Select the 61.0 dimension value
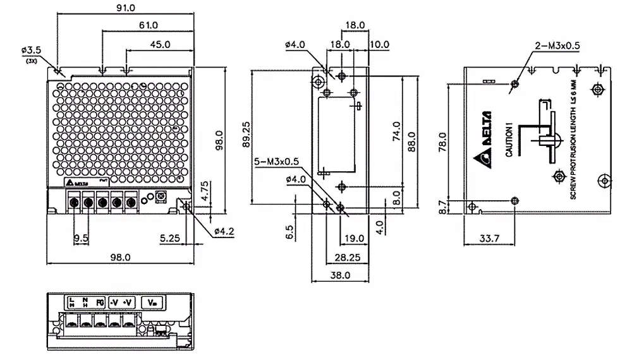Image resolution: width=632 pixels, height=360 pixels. (147, 25)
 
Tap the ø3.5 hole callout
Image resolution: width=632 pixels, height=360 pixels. (31, 49)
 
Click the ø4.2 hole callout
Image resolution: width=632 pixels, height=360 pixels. (224, 232)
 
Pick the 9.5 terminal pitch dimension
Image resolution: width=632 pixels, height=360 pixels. (80, 238)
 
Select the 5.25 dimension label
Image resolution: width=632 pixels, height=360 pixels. (171, 238)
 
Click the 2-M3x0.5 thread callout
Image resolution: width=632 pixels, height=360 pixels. (557, 45)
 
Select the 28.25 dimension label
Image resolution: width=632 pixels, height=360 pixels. (346, 257)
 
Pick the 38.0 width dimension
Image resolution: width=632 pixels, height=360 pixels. (339, 275)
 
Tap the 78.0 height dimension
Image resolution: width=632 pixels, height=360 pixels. (442, 142)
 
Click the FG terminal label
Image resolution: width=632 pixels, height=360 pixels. (100, 302)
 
